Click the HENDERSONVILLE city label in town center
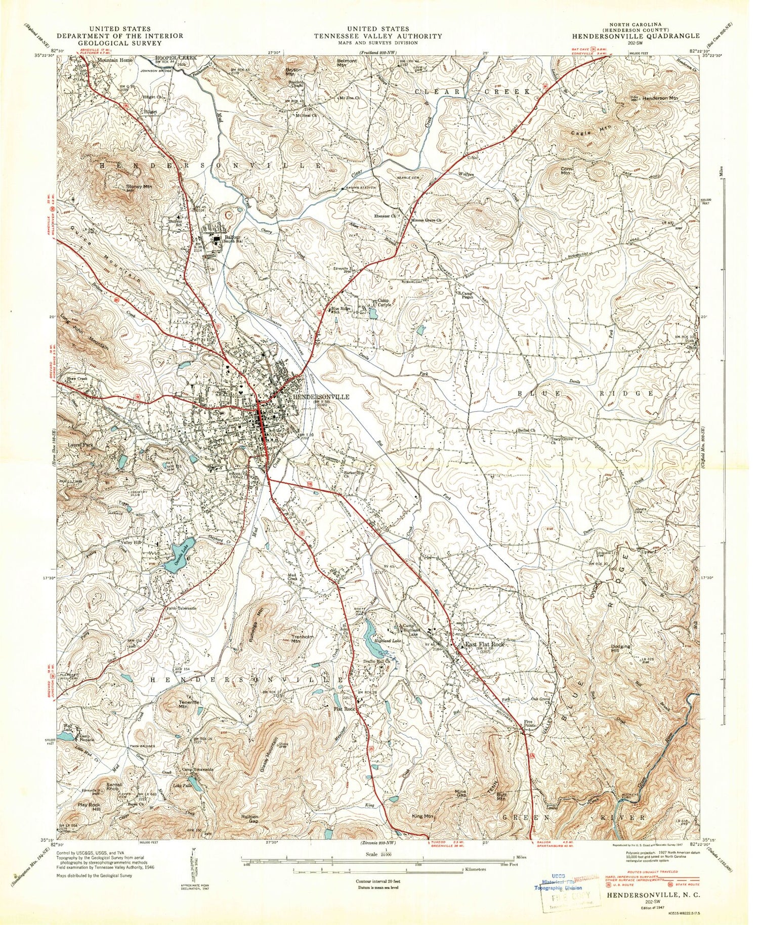(x=321, y=397)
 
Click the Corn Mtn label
(x=566, y=170)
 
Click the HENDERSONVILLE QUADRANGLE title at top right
(x=636, y=36)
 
